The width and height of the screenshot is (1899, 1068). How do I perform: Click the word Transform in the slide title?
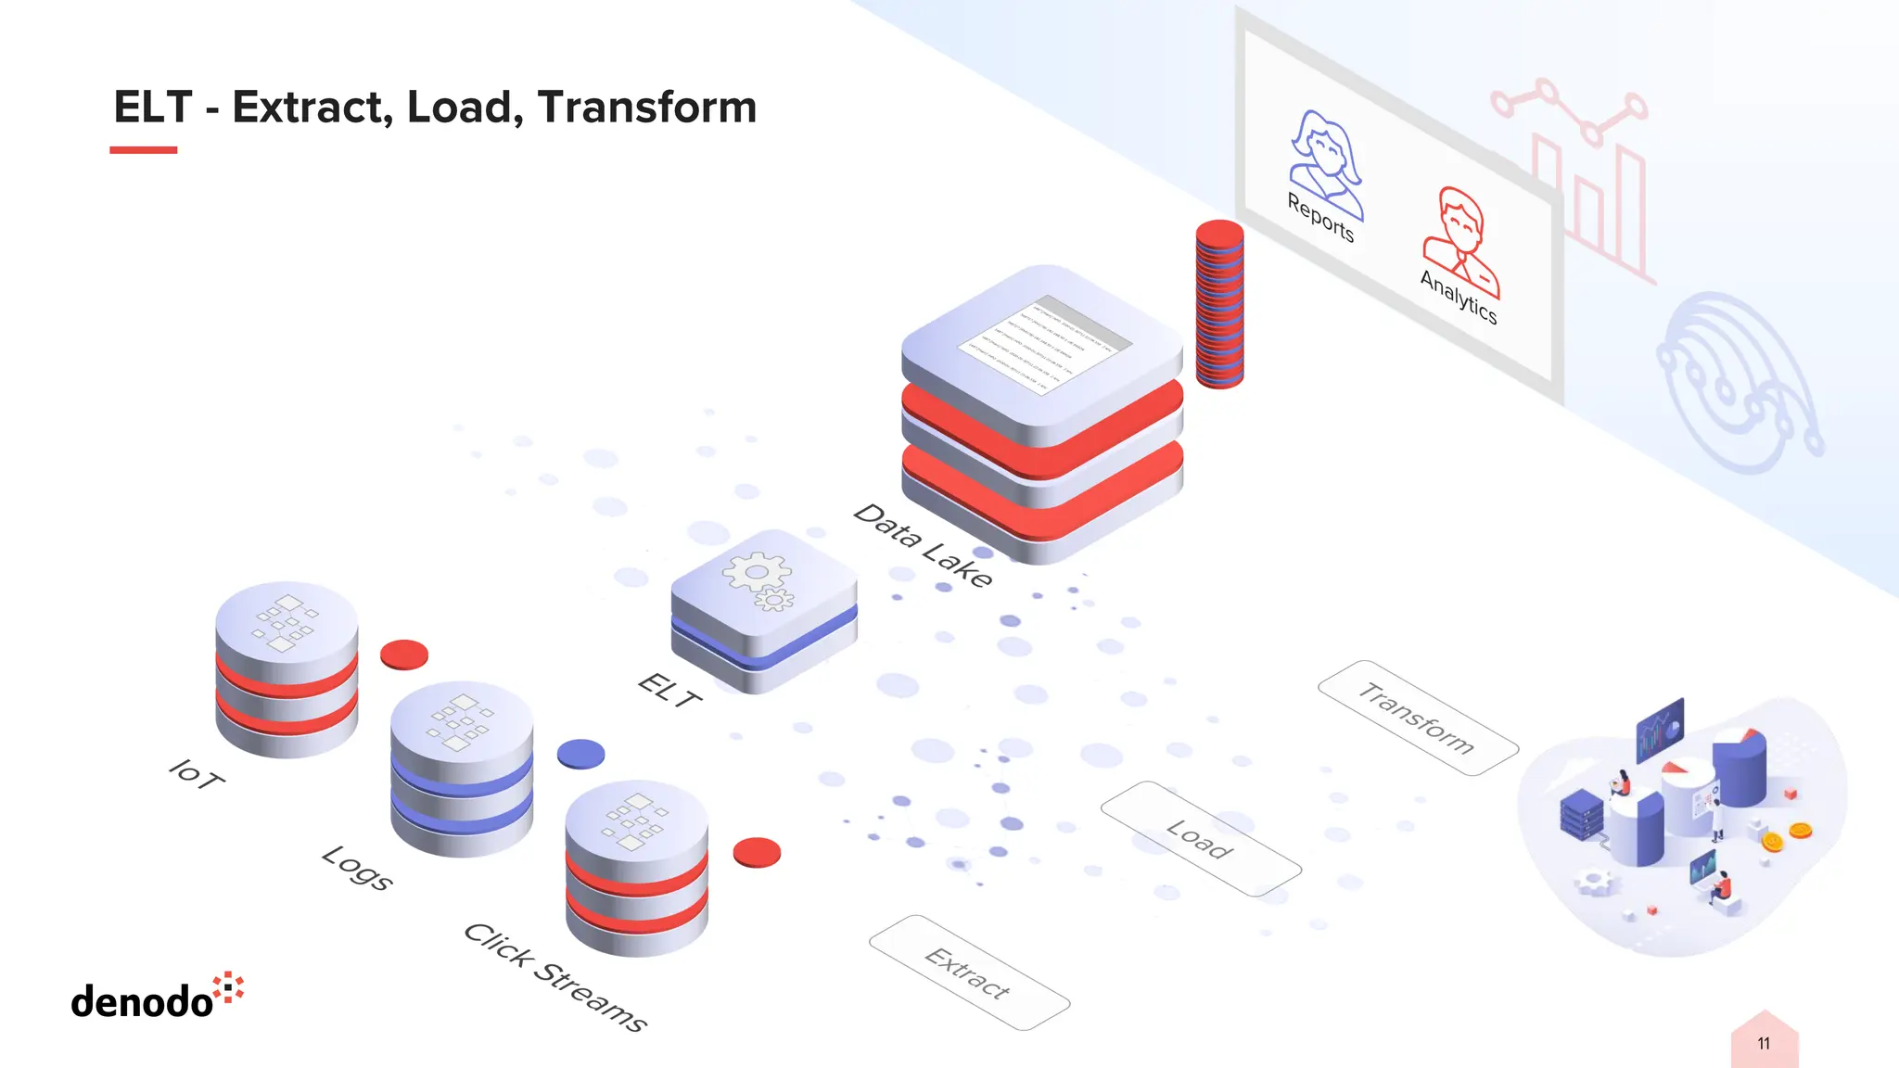[646, 108]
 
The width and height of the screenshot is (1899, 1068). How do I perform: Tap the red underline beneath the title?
[143, 149]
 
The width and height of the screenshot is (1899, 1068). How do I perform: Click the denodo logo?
[157, 998]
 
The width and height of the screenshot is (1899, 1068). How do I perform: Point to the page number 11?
[1764, 1044]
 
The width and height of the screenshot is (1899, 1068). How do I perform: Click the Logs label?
[357, 868]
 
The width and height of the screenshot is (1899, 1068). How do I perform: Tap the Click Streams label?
[554, 977]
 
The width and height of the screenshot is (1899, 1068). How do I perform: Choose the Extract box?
[969, 973]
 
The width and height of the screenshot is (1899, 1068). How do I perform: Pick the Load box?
[1201, 839]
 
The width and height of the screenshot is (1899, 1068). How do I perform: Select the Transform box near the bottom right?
[1417, 718]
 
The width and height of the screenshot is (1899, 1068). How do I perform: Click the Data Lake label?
[923, 545]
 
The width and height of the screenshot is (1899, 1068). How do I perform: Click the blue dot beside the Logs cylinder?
[580, 754]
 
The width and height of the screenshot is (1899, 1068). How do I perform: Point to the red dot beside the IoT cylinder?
[404, 655]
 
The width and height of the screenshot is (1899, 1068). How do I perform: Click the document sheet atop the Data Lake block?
[1045, 345]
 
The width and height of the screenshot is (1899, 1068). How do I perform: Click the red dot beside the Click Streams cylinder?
[757, 852]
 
